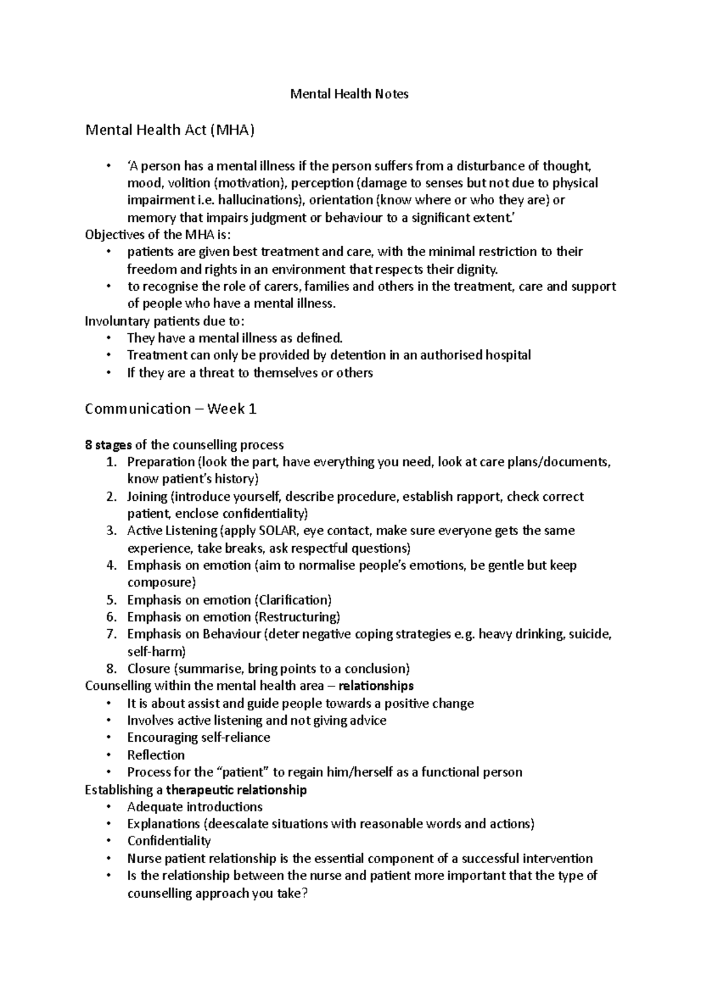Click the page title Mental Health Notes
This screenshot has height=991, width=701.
pyautogui.click(x=349, y=94)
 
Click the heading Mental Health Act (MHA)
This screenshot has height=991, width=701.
pyautogui.click(x=170, y=130)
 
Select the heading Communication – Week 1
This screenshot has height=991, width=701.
pyautogui.click(x=171, y=409)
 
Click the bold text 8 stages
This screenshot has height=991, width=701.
pyautogui.click(x=108, y=445)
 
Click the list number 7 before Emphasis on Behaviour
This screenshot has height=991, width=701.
pyautogui.click(x=112, y=634)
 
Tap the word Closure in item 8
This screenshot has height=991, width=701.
pyautogui.click(x=148, y=669)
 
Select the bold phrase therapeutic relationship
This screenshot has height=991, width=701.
pyautogui.click(x=237, y=790)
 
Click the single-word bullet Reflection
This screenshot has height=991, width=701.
pyautogui.click(x=155, y=755)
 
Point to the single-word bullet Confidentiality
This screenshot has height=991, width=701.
pyautogui.click(x=169, y=841)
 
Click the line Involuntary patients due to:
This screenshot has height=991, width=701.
pyautogui.click(x=165, y=322)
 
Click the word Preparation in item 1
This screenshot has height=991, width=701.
pyautogui.click(x=161, y=462)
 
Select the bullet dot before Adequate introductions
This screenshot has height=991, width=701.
pyautogui.click(x=109, y=807)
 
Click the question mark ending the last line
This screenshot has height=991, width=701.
pyautogui.click(x=303, y=894)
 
